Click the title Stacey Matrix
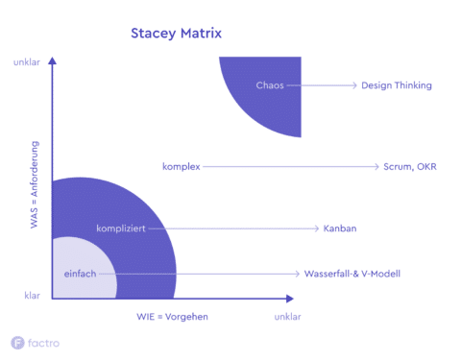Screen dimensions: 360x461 tap(176, 34)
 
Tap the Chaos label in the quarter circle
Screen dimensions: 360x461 tap(269, 85)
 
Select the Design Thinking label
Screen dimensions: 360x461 tap(396, 85)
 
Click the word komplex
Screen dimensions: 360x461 tap(181, 166)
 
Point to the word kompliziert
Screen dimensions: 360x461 tap(121, 228)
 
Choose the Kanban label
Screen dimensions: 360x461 tap(342, 228)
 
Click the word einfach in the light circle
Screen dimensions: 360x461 tap(80, 274)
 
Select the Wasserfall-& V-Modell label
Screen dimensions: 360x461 tap(352, 274)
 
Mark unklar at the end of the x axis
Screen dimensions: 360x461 tap(288, 317)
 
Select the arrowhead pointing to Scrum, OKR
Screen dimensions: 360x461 tap(376, 166)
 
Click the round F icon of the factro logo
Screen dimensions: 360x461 tap(17, 342)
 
